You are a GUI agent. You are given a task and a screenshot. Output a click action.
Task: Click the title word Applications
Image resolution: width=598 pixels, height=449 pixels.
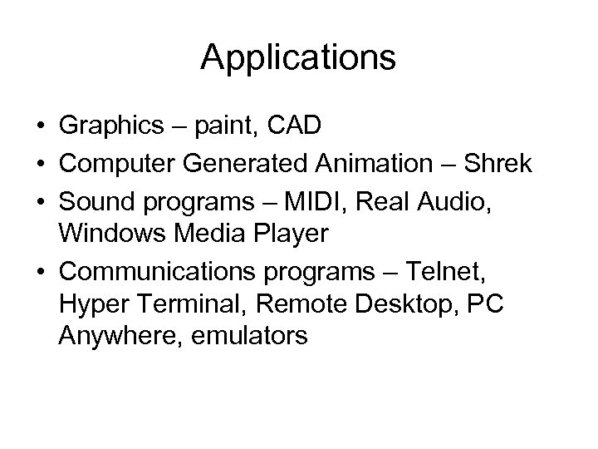[x=298, y=57]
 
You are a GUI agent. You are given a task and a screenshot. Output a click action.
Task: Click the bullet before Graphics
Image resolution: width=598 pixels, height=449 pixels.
[x=40, y=128]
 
